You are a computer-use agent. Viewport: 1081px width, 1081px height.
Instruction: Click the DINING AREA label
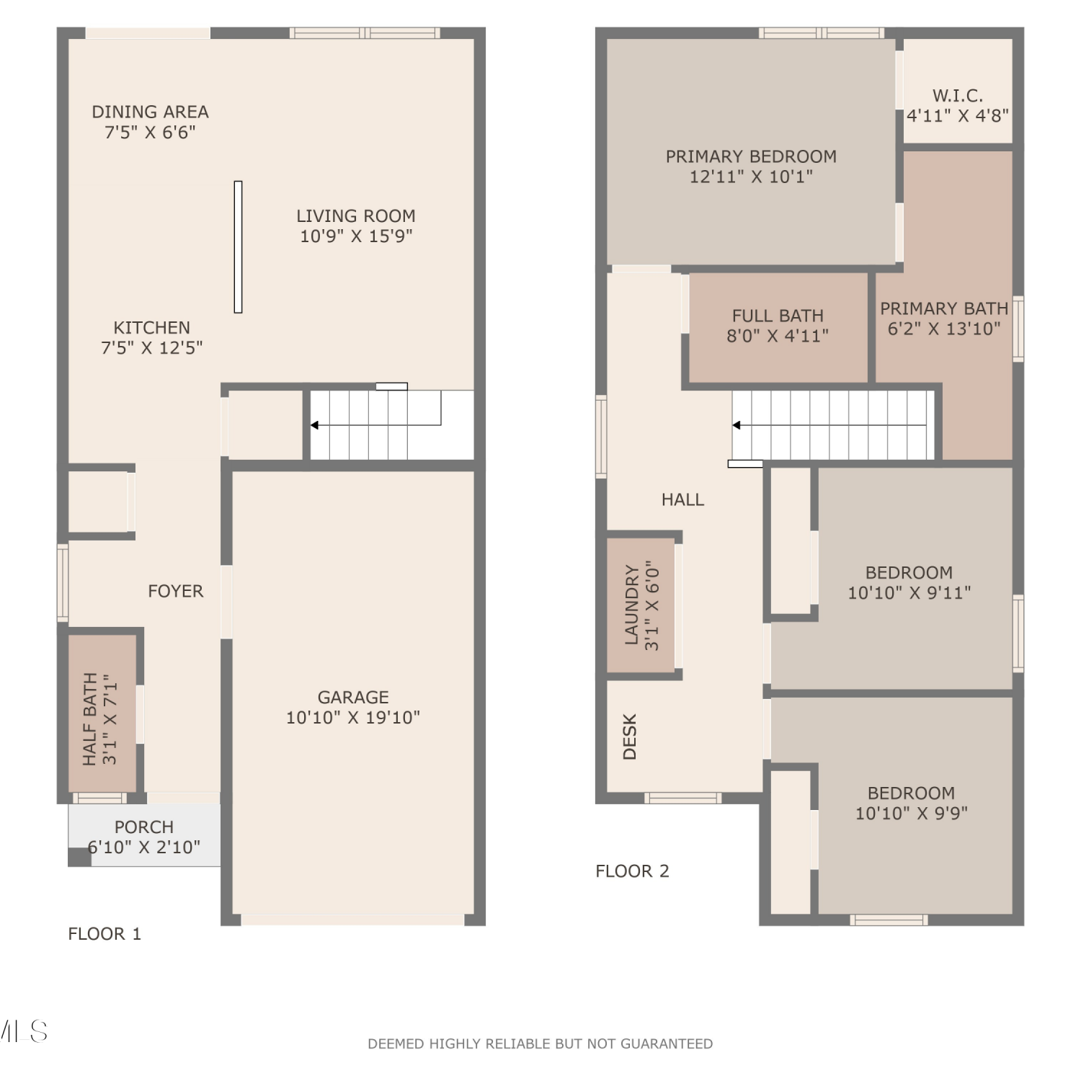pos(150,112)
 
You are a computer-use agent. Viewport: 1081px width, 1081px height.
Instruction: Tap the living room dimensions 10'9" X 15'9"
pos(356,236)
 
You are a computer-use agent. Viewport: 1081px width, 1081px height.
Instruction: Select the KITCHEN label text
pos(151,327)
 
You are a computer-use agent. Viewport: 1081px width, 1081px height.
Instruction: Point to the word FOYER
pos(175,591)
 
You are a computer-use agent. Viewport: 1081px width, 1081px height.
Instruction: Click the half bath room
pos(102,713)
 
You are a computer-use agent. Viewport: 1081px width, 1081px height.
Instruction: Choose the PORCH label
pos(144,827)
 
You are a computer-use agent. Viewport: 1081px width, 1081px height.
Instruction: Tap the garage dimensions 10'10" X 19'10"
pos(353,717)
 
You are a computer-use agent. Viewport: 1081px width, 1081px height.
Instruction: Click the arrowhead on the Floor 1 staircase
pos(314,425)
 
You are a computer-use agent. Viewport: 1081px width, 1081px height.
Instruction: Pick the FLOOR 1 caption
pos(104,934)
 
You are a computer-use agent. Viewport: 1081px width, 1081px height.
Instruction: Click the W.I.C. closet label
pos(957,95)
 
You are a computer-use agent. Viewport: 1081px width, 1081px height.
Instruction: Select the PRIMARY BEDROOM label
pos(751,156)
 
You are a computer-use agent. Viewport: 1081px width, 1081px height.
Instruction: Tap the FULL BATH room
pos(778,327)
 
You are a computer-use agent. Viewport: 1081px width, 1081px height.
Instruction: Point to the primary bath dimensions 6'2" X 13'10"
pos(944,329)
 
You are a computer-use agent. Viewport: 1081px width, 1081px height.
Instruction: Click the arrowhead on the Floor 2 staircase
pos(736,425)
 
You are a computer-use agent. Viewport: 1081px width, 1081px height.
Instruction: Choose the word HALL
pos(682,499)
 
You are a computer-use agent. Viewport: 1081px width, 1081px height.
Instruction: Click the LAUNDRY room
pos(641,605)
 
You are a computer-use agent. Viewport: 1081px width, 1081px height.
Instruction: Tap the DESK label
pos(630,737)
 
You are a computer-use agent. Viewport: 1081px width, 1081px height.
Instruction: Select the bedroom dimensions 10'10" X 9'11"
pos(909,592)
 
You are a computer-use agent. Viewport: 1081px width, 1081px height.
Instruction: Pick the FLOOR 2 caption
pos(632,871)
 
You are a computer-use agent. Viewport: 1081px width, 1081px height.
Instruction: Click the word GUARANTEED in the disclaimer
pos(667,1044)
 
